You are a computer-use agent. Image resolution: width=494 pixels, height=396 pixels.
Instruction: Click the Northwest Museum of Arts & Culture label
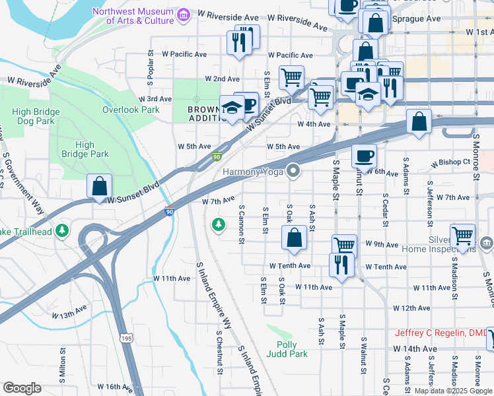(x=133, y=16)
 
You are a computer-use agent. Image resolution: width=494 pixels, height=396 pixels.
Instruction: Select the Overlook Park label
(x=131, y=110)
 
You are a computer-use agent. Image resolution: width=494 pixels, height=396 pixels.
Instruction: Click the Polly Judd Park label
(x=287, y=349)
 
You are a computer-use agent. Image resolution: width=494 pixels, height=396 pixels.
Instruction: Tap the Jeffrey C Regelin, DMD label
(x=440, y=333)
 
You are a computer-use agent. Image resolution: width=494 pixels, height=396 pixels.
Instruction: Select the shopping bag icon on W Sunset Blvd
(x=99, y=186)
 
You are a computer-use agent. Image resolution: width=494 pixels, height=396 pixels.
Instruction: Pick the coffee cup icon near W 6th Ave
(x=364, y=157)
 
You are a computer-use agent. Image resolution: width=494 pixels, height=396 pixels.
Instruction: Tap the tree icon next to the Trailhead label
(x=62, y=230)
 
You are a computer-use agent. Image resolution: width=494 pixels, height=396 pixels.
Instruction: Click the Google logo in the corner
(x=22, y=388)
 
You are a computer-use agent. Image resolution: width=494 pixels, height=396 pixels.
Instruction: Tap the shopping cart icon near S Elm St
(x=291, y=77)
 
